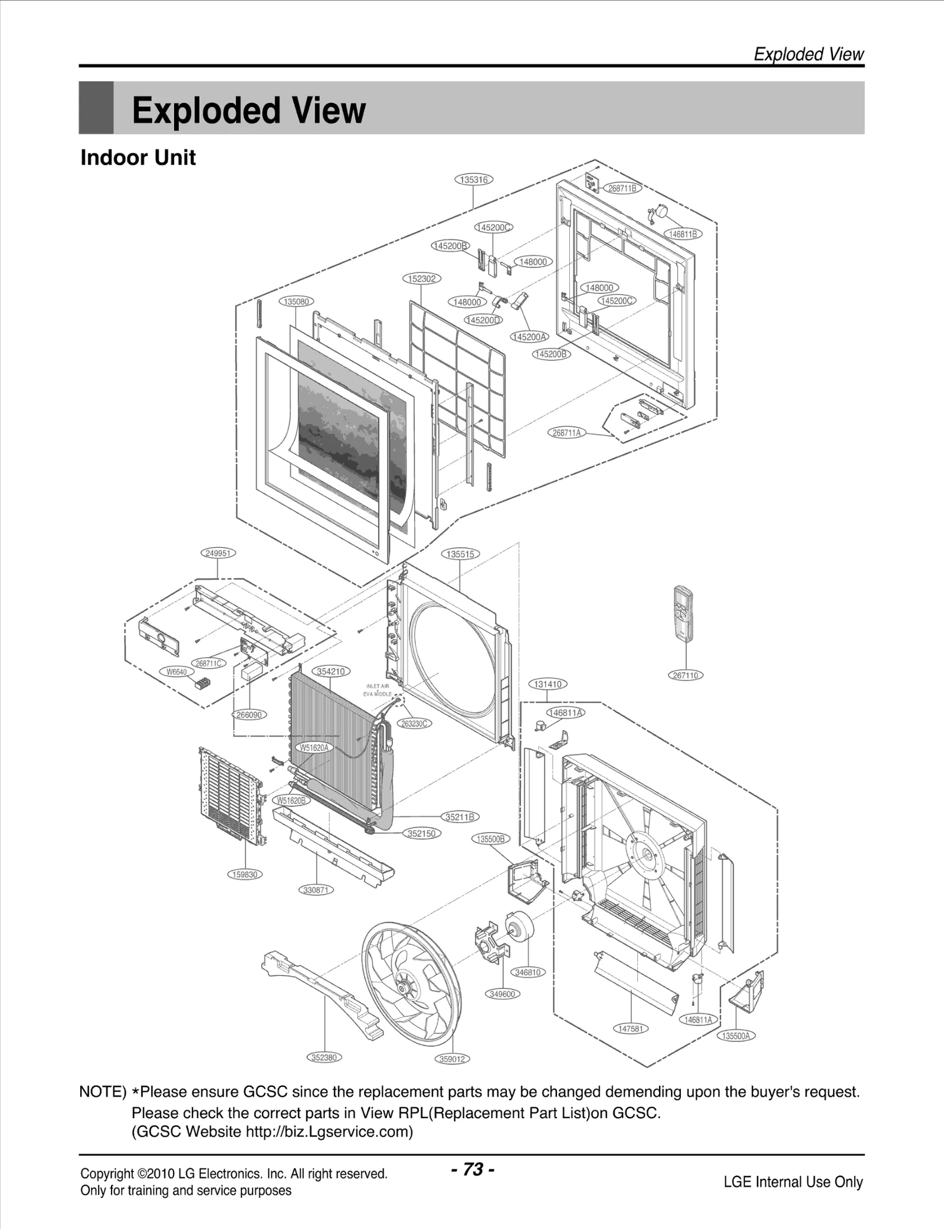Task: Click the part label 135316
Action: pos(474,179)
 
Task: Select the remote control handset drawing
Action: pos(685,614)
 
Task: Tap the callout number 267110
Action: pos(686,675)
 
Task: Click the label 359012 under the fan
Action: pos(453,1059)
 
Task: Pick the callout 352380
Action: pos(324,1057)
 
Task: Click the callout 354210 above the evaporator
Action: pos(331,671)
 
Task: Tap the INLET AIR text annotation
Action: pos(378,686)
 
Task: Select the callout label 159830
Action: pos(245,875)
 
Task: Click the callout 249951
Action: pos(218,553)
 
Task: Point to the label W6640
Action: pos(176,672)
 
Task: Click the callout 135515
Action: pos(460,554)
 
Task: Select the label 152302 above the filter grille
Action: pos(422,278)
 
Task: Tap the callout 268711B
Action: pos(622,188)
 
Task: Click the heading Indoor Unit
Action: pos(138,157)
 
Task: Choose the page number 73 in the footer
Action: pos(473,1169)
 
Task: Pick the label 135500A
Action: pos(736,1036)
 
